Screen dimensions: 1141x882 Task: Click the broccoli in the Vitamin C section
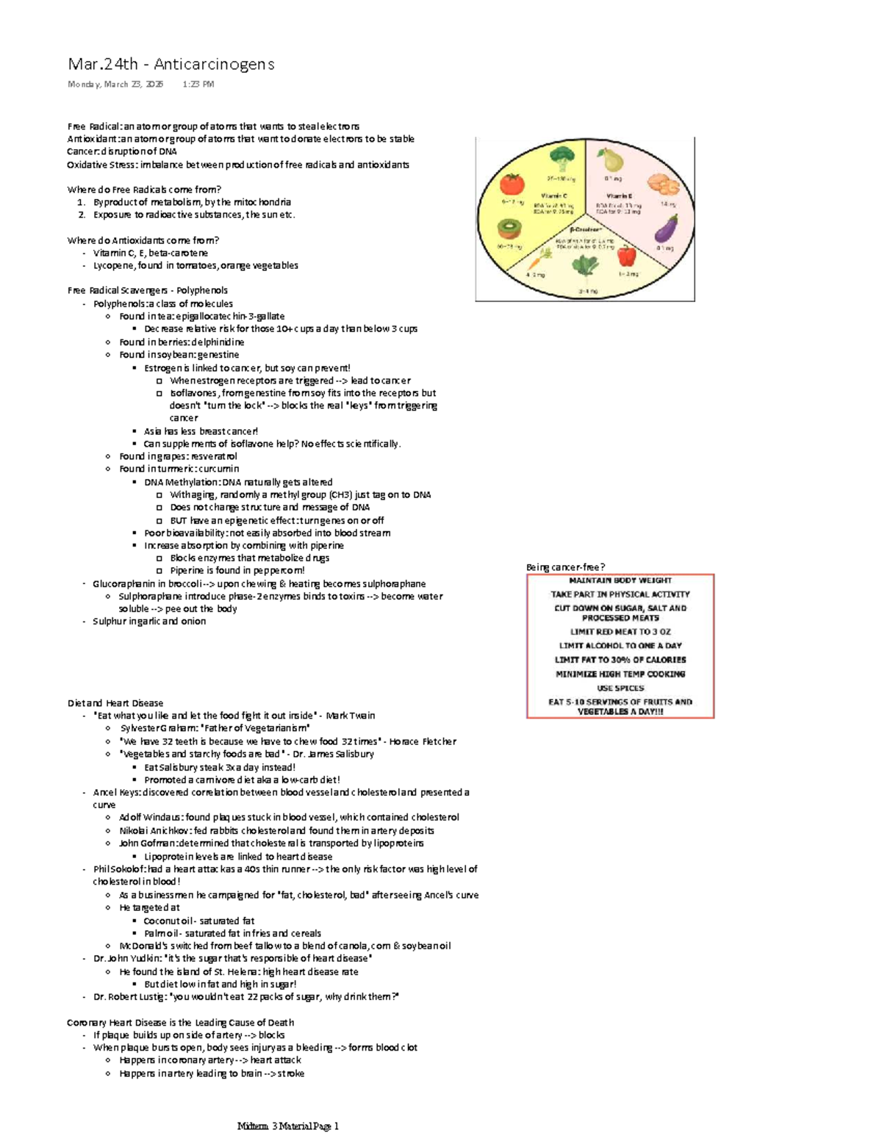tap(562, 159)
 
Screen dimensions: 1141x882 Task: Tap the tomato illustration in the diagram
tap(512, 184)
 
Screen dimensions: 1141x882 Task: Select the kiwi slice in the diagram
tap(509, 229)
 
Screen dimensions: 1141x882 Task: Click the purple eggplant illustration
tap(665, 229)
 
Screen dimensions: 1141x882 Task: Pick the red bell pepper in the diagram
tap(626, 257)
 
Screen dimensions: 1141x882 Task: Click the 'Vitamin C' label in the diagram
tap(554, 196)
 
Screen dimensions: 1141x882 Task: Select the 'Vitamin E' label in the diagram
tap(619, 196)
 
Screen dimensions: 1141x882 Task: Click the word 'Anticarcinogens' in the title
tap(214, 65)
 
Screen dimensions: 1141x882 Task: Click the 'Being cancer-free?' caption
tap(565, 567)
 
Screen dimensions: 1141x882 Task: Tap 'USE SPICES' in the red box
tap(620, 688)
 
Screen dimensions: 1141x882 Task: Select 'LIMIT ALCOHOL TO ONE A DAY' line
tap(620, 646)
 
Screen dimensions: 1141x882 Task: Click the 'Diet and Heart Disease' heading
tap(115, 703)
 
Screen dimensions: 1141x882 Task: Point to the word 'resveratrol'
tap(214, 456)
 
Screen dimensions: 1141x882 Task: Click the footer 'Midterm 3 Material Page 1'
tap(288, 1126)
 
